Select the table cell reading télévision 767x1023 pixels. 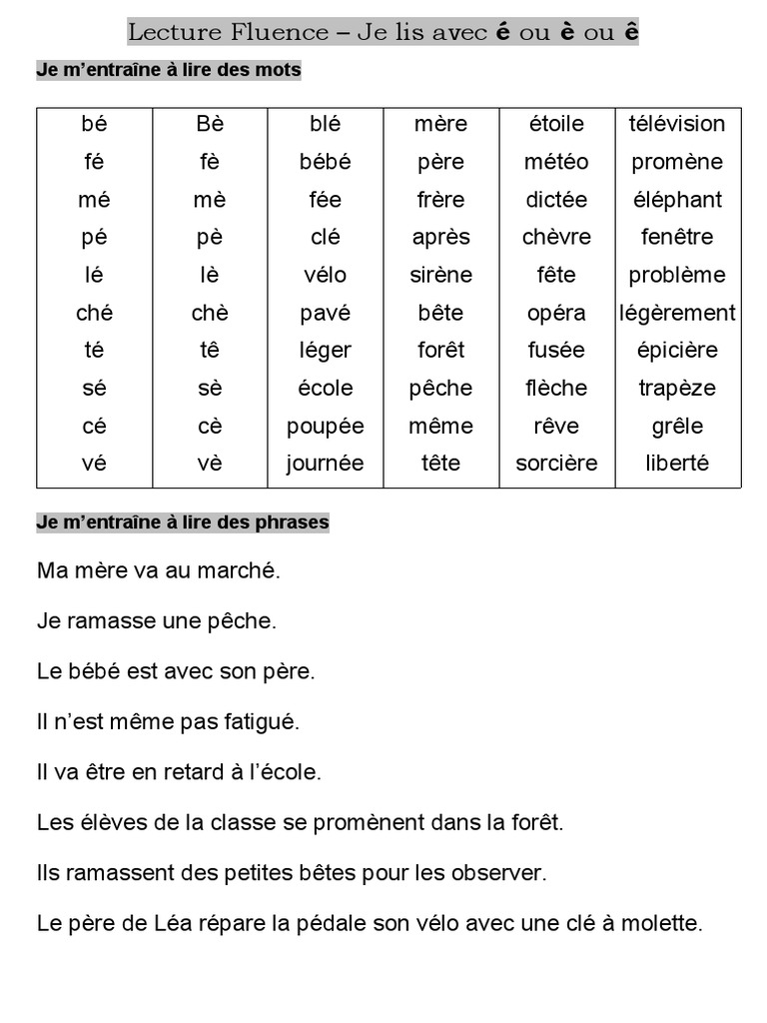click(677, 124)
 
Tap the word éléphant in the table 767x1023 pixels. click(677, 200)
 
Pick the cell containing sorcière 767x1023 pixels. click(556, 464)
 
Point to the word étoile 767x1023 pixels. click(556, 124)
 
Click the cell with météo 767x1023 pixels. click(556, 162)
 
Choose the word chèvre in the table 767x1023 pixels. click(556, 238)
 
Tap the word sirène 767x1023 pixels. click(440, 275)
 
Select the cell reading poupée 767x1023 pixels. click(326, 426)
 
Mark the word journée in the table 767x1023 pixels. click(326, 464)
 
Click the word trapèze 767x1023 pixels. click(677, 388)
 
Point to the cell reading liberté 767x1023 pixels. click(677, 464)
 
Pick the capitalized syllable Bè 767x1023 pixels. click(210, 124)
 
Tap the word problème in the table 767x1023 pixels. click(677, 275)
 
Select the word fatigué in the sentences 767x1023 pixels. click(262, 720)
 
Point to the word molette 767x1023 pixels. click(665, 923)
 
